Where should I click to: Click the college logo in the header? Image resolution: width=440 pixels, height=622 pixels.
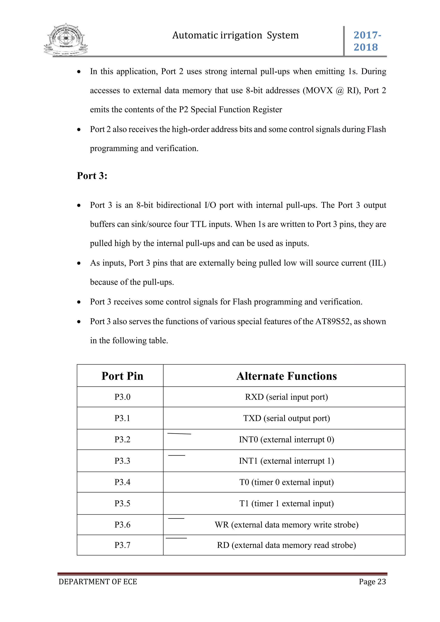pyautogui.click(x=66, y=40)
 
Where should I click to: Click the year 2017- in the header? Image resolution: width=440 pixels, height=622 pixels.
pyautogui.click(x=367, y=35)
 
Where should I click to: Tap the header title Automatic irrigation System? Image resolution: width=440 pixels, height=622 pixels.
pyautogui.click(x=235, y=35)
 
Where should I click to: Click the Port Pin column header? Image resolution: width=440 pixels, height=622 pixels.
pyautogui.click(x=122, y=376)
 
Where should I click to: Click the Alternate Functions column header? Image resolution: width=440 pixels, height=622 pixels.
pyautogui.click(x=286, y=376)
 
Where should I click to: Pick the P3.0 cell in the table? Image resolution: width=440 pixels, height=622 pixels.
pyautogui.click(x=122, y=397)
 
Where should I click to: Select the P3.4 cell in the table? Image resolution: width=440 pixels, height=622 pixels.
pyautogui.click(x=122, y=482)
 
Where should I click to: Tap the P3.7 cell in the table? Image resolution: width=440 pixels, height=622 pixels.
pyautogui.click(x=122, y=545)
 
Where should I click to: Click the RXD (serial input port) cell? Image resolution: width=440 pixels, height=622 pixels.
pyautogui.click(x=286, y=397)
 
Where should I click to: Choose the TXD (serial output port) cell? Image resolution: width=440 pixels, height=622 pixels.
pyautogui.click(x=286, y=418)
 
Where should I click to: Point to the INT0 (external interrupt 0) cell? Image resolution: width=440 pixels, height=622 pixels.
pyautogui.click(x=286, y=439)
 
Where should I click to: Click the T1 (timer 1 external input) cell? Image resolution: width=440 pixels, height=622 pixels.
pyautogui.click(x=286, y=503)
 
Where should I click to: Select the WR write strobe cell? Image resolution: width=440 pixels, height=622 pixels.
pyautogui.click(x=286, y=525)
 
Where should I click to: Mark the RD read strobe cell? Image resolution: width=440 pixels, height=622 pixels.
pyautogui.click(x=286, y=545)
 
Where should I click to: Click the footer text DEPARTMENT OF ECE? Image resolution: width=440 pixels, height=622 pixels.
pyautogui.click(x=98, y=582)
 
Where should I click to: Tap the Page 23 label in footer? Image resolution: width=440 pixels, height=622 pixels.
pyautogui.click(x=372, y=582)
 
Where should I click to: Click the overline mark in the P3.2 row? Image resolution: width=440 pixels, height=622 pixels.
pyautogui.click(x=179, y=434)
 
